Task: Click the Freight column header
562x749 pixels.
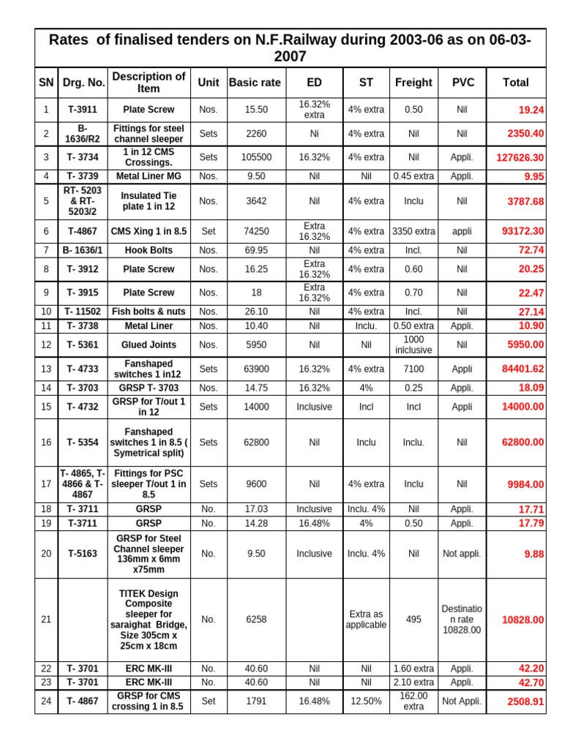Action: point(413,83)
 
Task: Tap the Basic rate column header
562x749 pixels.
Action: point(255,83)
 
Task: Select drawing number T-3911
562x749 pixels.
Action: point(83,110)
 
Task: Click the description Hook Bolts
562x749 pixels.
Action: point(149,250)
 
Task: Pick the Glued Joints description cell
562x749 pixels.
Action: point(149,344)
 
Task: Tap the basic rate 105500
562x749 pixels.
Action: point(256,157)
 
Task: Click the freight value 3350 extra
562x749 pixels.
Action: point(413,231)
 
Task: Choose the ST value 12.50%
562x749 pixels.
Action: point(366,701)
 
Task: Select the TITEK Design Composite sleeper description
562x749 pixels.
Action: point(149,620)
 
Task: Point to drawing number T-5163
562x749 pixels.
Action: point(83,554)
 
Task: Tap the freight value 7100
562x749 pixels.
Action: point(413,369)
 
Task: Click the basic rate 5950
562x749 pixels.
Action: point(256,344)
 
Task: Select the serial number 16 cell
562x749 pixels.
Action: point(46,443)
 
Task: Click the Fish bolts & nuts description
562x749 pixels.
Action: point(149,312)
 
